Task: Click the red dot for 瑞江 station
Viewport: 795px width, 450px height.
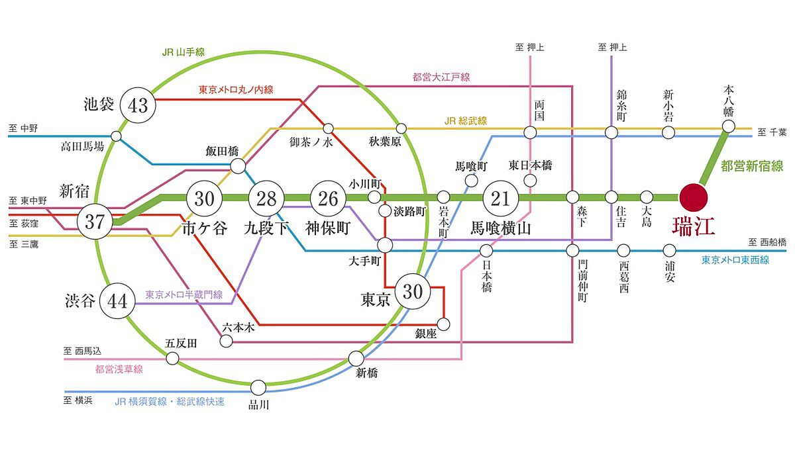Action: pos(693,197)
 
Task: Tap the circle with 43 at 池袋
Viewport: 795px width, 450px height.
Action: pos(138,105)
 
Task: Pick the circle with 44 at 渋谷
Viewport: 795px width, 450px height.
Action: pos(117,301)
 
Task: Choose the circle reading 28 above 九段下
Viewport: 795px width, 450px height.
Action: pos(266,197)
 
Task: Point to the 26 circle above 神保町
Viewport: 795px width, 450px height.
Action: pos(329,197)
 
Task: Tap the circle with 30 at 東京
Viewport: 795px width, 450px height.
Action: pos(412,291)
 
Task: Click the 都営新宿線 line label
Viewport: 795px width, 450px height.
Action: pos(752,167)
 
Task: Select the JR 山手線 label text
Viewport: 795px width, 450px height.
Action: pos(184,54)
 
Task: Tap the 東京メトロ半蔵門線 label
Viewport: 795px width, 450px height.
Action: pos(184,294)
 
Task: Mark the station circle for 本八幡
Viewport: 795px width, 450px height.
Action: pos(729,126)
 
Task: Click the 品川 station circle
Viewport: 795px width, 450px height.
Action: pos(258,388)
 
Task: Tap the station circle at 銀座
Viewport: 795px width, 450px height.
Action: pos(444,324)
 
